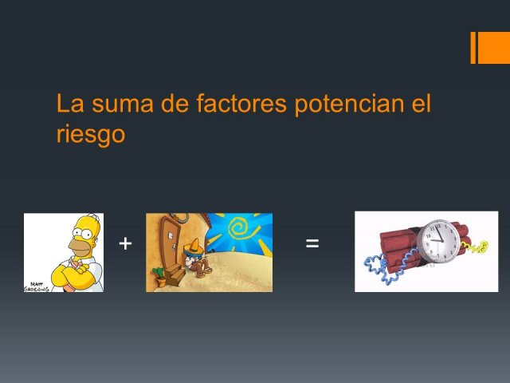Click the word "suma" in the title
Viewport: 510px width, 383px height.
tap(122, 104)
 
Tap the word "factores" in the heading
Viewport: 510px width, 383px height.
tap(241, 103)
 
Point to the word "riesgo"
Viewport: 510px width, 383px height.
tap(91, 133)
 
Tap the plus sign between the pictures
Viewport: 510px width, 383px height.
tap(126, 243)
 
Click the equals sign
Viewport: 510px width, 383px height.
tap(312, 243)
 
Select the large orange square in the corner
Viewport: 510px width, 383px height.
tap(494, 48)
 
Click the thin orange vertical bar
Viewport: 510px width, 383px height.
tap(473, 48)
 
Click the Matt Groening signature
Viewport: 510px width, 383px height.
tap(37, 287)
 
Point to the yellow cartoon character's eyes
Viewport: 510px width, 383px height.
tap(83, 233)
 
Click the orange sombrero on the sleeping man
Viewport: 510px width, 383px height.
tap(194, 247)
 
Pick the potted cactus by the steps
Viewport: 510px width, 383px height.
tap(159, 277)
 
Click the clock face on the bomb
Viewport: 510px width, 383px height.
tap(438, 240)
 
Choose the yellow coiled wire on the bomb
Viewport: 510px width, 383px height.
tap(474, 247)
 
